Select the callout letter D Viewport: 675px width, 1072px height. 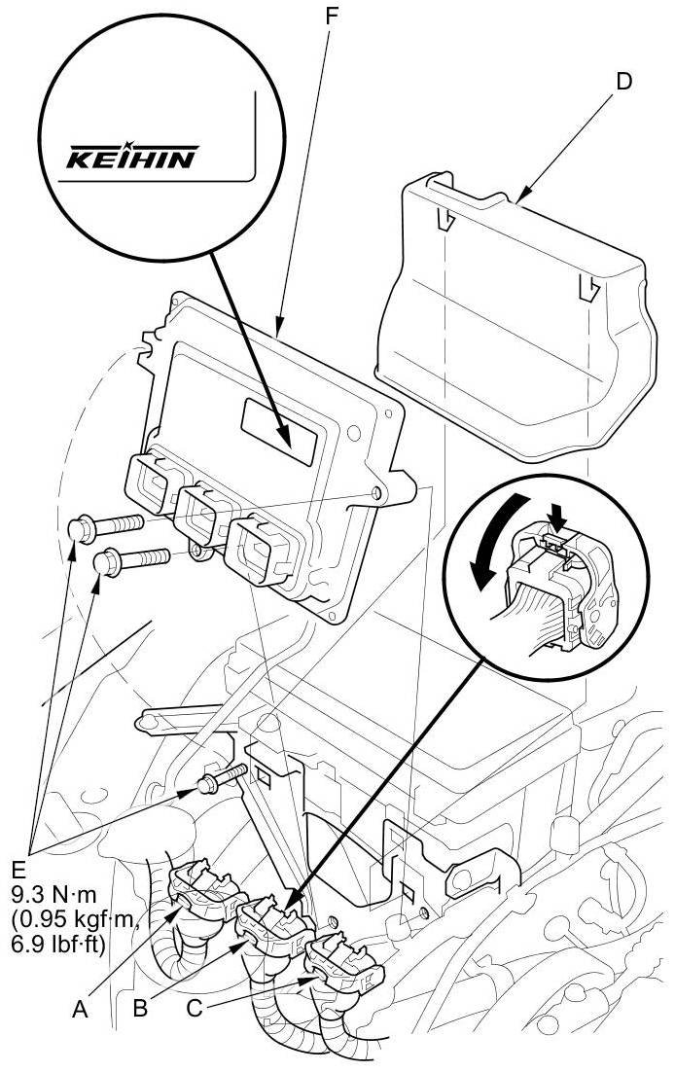[622, 82]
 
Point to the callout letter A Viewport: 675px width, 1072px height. [80, 1009]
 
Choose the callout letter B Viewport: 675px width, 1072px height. [140, 1009]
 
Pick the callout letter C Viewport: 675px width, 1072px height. [195, 1009]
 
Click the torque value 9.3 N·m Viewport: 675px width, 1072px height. [54, 894]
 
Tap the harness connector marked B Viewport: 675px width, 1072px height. [274, 927]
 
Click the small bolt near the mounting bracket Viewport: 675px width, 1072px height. [220, 778]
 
